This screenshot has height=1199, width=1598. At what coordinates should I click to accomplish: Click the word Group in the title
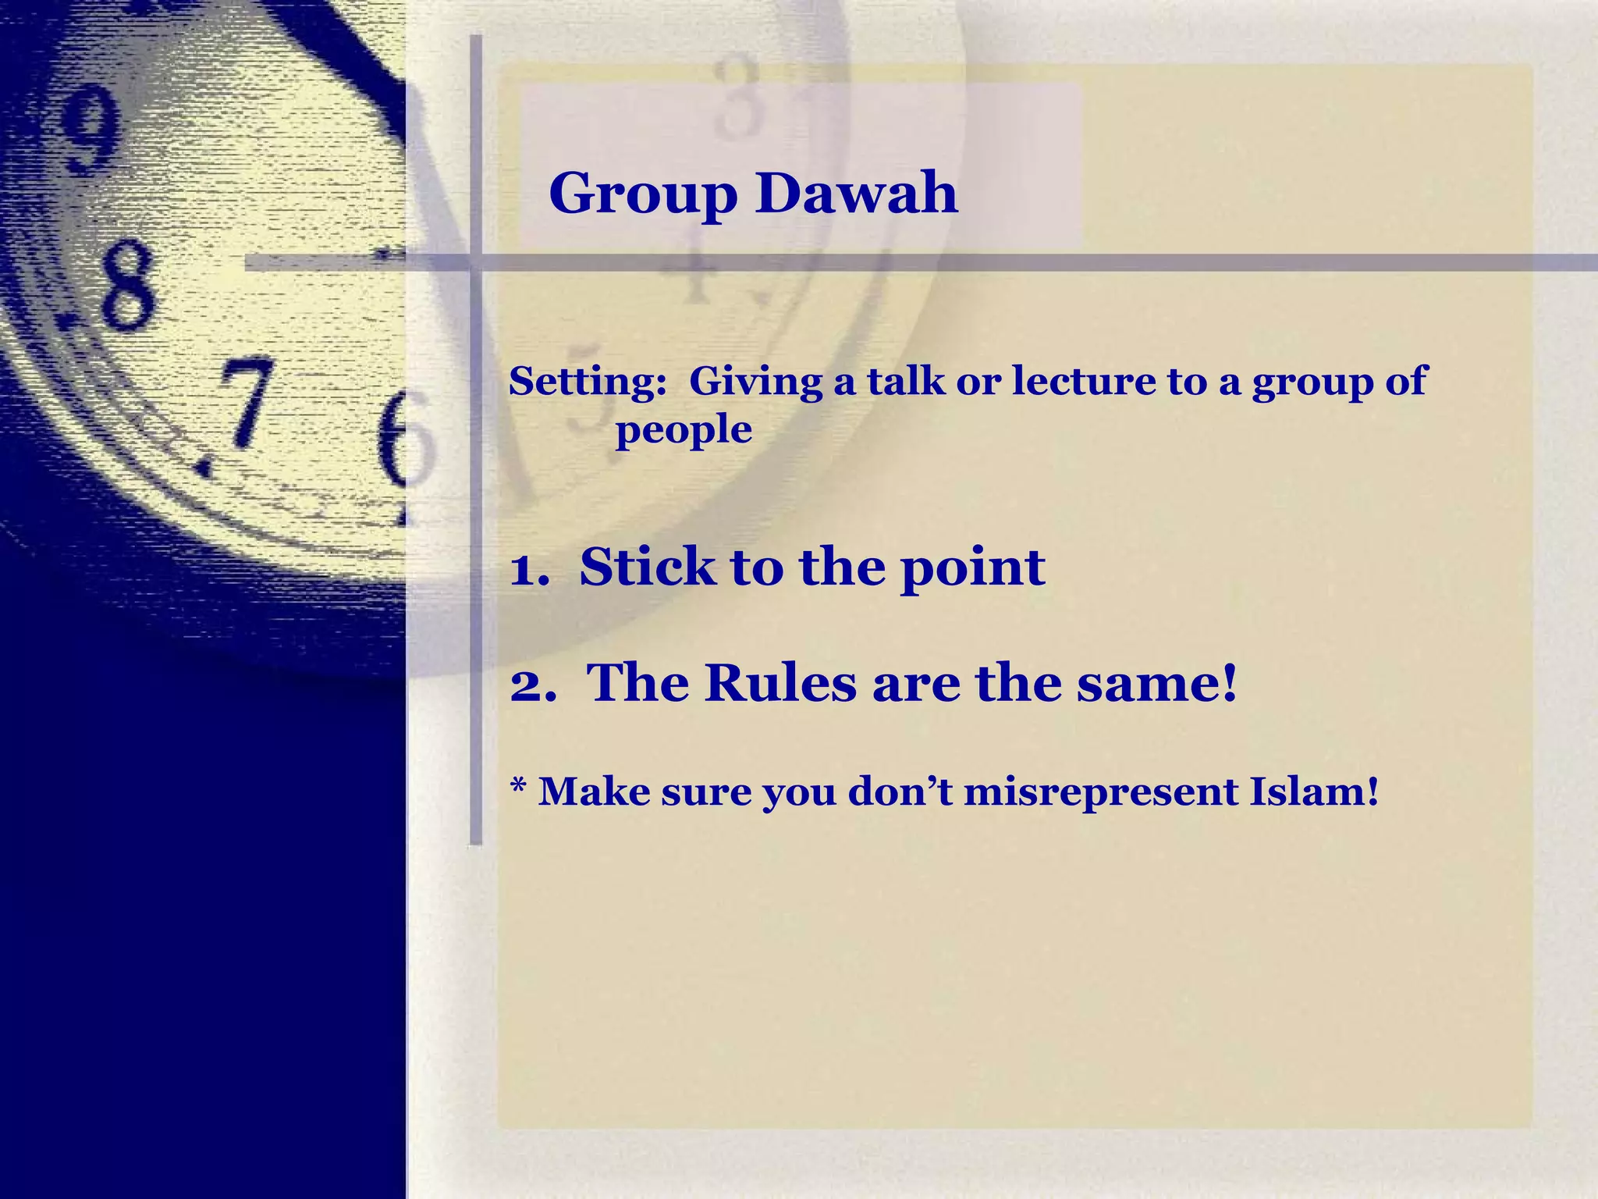(643, 194)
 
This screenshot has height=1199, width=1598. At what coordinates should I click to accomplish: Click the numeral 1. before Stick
(530, 568)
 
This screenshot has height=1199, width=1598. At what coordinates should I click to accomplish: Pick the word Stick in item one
(647, 567)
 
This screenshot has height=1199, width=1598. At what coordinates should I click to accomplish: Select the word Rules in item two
(779, 683)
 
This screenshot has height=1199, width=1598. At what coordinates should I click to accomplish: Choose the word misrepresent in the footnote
(1100, 792)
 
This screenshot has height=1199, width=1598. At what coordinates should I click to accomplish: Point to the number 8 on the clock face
(125, 285)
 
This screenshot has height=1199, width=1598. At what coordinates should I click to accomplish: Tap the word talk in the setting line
(905, 381)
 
